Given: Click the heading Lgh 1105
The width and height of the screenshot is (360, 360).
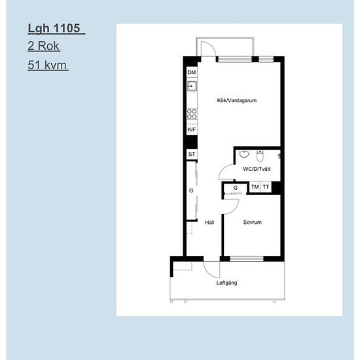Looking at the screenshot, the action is tap(54, 28).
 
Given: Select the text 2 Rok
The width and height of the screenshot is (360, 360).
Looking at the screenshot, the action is tap(43, 46).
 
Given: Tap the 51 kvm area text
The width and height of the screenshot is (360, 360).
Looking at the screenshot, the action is tap(47, 65).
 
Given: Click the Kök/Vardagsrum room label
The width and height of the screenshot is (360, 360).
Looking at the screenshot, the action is tap(237, 100).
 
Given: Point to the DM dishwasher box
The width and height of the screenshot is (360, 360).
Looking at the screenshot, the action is tap(192, 72).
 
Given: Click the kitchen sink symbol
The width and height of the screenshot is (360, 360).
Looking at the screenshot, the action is tap(192, 86).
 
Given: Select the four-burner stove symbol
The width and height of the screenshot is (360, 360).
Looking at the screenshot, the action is tap(192, 114).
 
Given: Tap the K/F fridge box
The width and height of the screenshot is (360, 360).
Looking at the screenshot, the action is tap(192, 130).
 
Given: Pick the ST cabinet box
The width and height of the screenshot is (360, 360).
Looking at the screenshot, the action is tap(192, 154).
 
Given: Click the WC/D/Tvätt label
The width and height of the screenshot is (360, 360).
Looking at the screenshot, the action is tap(257, 169).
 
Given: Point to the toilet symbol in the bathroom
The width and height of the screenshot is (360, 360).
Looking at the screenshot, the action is tap(260, 156).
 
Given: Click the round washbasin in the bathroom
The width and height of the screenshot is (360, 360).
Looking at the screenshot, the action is tap(244, 154).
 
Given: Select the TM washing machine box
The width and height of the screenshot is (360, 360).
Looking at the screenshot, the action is tap(255, 187).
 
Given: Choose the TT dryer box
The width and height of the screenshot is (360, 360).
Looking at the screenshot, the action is tap(266, 187).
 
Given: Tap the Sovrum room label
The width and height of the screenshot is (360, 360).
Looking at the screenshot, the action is tap(252, 223).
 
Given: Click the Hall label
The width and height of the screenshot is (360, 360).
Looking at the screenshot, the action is tap(209, 223).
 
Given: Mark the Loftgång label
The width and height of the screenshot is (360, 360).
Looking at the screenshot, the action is tap(226, 283).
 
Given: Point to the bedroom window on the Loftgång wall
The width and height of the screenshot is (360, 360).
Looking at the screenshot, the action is tap(247, 259).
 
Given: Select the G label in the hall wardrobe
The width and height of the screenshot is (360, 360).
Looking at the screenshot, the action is tap(191, 190).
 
